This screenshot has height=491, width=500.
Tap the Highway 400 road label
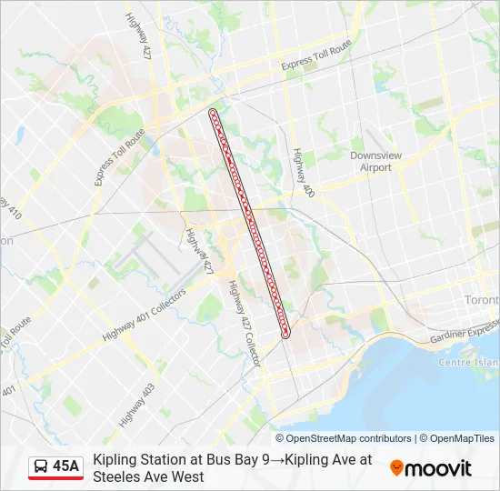(303, 172)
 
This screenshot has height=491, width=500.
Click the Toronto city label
(481, 299)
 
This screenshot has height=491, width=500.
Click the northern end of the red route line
(213, 112)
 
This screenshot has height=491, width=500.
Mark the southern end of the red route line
(285, 335)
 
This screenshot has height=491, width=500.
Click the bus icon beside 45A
(41, 467)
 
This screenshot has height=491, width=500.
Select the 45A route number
(66, 467)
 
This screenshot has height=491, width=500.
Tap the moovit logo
(431, 468)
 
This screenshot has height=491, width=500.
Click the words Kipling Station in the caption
(140, 460)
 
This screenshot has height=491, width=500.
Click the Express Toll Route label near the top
(315, 55)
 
